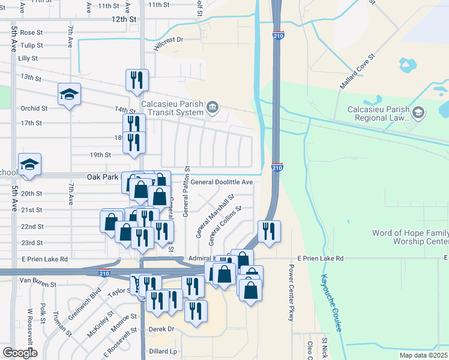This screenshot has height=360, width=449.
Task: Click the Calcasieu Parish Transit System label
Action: (172, 107)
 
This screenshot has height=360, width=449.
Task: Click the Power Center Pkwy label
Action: (291, 293)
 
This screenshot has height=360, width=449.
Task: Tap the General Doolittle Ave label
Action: (221, 182)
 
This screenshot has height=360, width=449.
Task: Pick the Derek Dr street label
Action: (161, 329)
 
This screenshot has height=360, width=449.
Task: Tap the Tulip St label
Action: (32, 46)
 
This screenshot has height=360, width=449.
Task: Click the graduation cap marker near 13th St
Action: (70, 95)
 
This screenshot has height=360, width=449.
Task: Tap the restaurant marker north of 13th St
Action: (137, 80)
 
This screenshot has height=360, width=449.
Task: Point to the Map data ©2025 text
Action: (424, 355)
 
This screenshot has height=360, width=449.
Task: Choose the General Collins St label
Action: (224, 226)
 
